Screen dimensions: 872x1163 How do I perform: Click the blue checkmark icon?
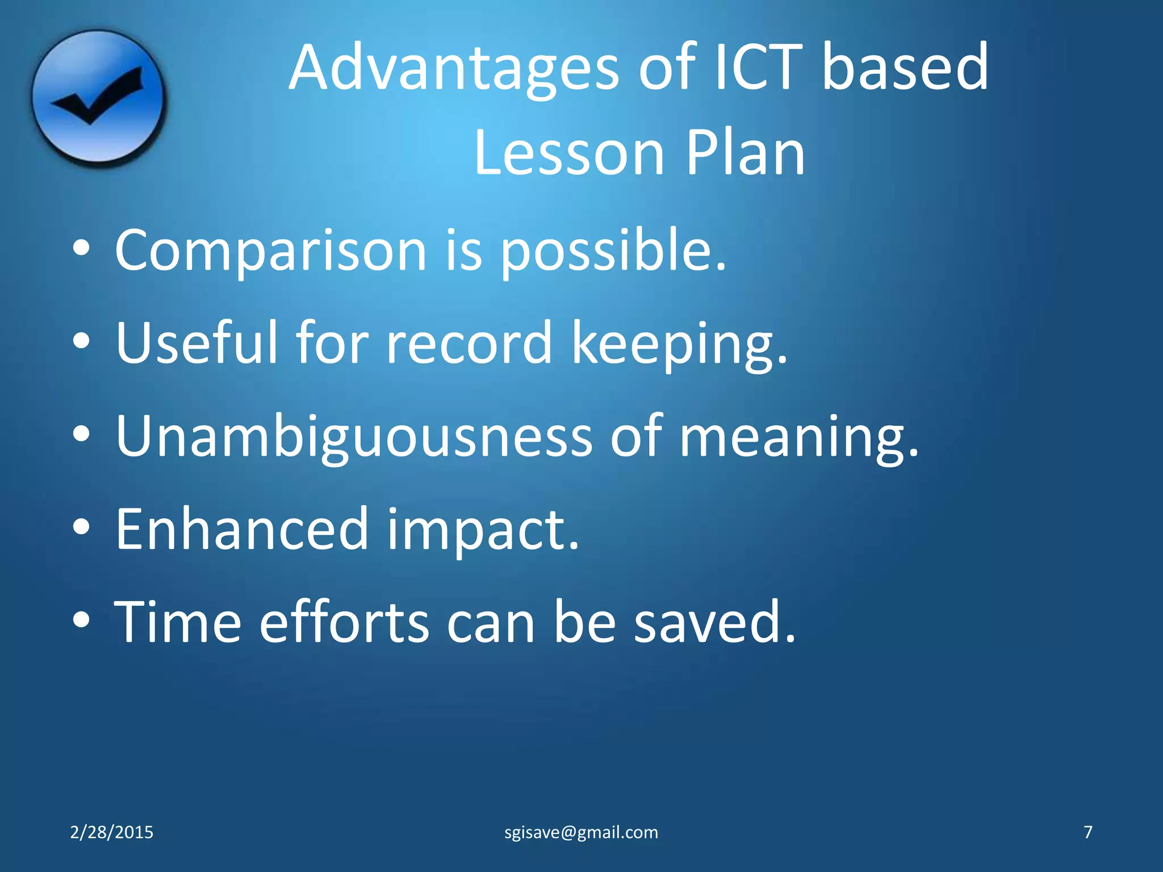[98, 98]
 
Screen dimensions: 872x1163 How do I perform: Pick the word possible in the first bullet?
[612, 252]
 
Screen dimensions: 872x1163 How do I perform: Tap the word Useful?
[196, 343]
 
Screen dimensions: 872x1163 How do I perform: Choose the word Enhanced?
[242, 529]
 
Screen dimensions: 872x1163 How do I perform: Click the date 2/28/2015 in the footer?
[111, 832]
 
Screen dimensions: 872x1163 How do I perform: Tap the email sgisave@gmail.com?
[581, 832]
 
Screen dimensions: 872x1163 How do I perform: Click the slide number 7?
[1088, 832]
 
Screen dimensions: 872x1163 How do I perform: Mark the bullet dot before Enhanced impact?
[82, 527]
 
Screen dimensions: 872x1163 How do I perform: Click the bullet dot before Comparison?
[82, 248]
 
